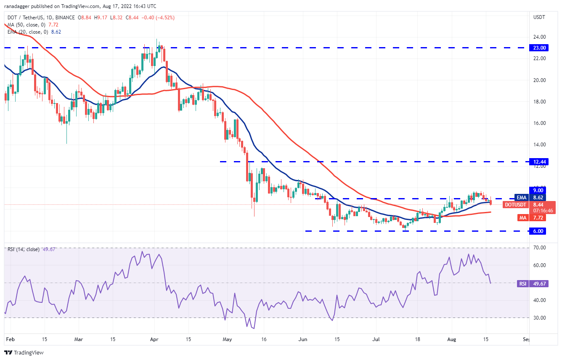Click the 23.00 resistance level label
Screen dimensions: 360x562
point(539,48)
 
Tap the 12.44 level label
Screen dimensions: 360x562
point(539,161)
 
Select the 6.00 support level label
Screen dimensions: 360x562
point(539,231)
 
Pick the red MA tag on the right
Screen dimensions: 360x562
point(522,217)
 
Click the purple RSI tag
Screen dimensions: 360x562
point(522,283)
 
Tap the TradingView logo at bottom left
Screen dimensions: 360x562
point(24,352)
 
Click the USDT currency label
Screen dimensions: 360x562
point(539,17)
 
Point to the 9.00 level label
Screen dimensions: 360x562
point(539,190)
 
